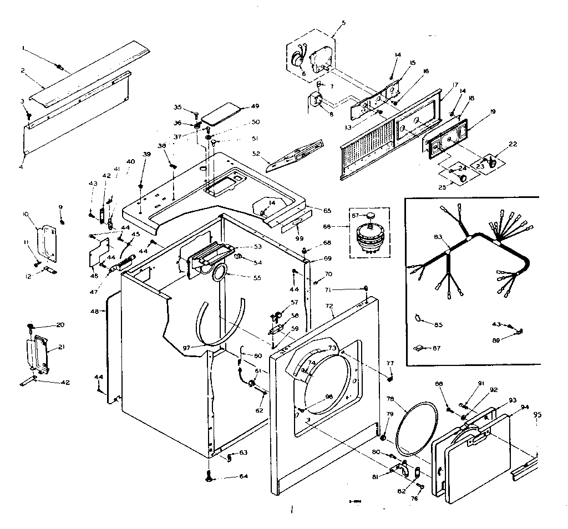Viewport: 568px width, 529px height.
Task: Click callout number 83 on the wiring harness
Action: [438, 237]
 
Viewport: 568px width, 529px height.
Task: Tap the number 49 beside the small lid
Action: [255, 106]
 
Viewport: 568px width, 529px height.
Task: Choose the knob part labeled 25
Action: [462, 177]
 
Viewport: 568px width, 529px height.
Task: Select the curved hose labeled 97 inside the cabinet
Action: [222, 322]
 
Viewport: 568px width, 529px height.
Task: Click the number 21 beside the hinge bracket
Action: [60, 347]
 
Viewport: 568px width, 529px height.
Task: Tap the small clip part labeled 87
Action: [420, 348]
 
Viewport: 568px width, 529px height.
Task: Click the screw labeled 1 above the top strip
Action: [59, 68]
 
